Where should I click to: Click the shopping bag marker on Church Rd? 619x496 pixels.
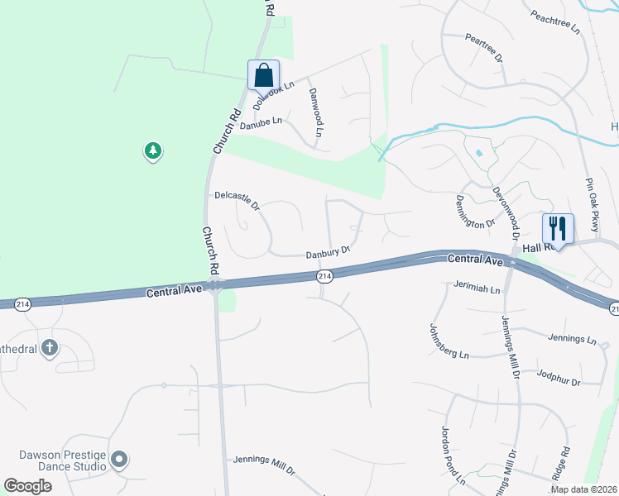[x=263, y=74]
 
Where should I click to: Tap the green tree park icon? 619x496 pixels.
[x=152, y=151]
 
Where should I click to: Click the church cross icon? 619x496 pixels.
[x=50, y=347]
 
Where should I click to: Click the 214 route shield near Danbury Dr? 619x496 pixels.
[x=324, y=275]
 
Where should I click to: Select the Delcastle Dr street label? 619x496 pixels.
[x=237, y=200]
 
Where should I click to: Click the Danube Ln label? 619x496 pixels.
[x=261, y=124]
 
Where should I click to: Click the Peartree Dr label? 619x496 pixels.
[x=484, y=48]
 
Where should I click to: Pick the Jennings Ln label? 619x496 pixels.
[x=572, y=339]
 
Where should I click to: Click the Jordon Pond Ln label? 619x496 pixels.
[x=451, y=455]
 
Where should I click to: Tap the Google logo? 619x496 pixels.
[x=28, y=486]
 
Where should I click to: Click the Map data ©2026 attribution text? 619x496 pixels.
[x=583, y=489]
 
